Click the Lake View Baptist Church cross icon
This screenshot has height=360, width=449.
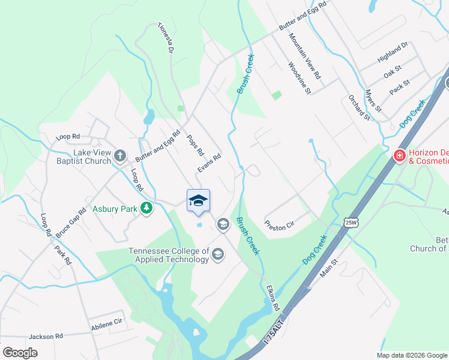click(119, 157)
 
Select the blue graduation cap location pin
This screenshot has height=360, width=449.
click(199, 202)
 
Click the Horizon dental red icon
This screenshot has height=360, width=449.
click(399, 156)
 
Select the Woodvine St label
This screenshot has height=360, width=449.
click(299, 79)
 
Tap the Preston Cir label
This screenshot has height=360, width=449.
click(280, 224)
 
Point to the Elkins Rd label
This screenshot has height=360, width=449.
click(273, 298)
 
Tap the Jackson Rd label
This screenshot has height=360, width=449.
click(46, 337)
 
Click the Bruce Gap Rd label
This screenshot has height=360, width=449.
click(68, 223)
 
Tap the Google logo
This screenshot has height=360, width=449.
click(20, 353)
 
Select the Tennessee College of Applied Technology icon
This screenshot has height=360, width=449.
click(218, 255)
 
